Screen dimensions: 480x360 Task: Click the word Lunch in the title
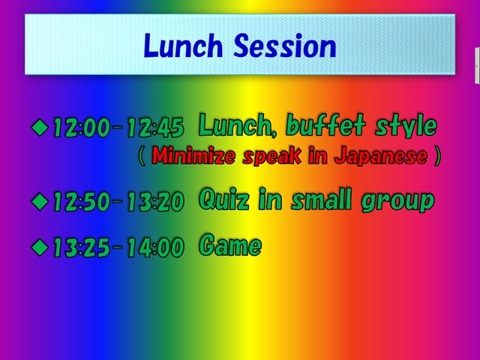[x=183, y=46]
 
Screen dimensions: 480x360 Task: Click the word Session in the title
[x=285, y=46]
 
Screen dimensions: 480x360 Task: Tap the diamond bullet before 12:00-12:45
[x=40, y=127]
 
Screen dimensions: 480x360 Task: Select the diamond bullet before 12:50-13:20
[x=40, y=202]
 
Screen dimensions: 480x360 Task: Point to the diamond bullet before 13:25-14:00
[x=40, y=247]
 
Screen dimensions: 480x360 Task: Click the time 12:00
[x=82, y=127]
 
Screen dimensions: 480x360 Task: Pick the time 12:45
[x=156, y=127]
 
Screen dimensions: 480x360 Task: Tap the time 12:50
[x=82, y=202]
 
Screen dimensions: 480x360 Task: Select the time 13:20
[x=156, y=202]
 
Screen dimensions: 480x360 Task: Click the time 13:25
[x=82, y=247]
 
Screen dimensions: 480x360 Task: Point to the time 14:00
[x=156, y=247]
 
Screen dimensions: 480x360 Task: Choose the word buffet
[x=325, y=125]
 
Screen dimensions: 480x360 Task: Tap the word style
[x=406, y=125]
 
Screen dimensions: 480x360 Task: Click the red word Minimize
[x=193, y=155]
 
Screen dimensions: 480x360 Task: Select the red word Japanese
[x=381, y=156]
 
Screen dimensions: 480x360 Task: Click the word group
[x=397, y=202]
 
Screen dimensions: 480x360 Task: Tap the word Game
[x=230, y=244]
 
